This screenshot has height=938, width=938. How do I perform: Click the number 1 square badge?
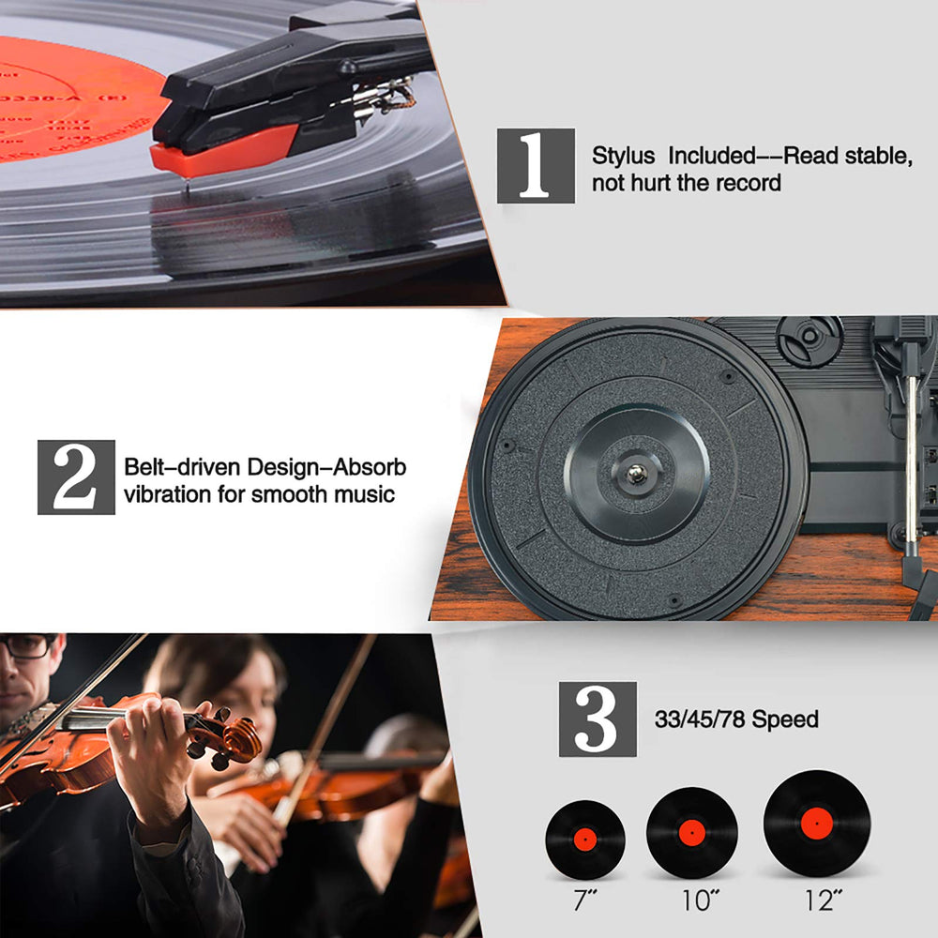click(x=536, y=166)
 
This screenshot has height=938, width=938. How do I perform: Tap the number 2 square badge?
click(x=76, y=477)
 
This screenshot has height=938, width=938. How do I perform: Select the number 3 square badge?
click(x=598, y=719)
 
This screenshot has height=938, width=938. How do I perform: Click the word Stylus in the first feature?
click(x=624, y=156)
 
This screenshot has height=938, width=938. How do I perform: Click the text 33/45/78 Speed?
click(x=736, y=719)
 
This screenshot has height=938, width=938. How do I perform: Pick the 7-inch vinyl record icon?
click(x=585, y=839)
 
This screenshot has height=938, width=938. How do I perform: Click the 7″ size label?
click(x=585, y=901)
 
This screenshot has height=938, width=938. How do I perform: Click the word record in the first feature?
click(x=748, y=183)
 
